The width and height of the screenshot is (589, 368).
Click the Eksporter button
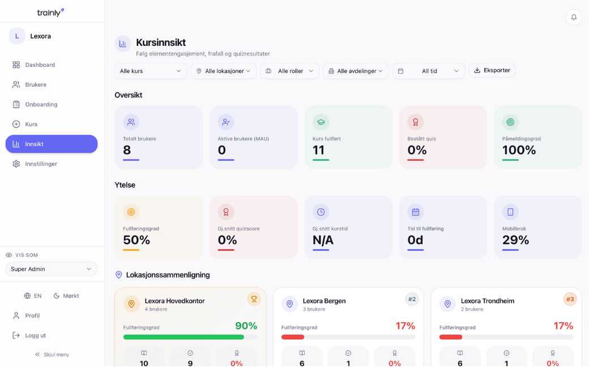(492, 70)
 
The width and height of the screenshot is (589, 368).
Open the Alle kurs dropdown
(151, 71)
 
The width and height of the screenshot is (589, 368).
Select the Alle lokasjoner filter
(224, 71)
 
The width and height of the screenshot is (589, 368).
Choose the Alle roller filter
(289, 71)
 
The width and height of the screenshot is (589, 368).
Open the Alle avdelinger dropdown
(355, 71)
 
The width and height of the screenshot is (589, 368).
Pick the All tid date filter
(429, 71)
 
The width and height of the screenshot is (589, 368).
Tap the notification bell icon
(574, 18)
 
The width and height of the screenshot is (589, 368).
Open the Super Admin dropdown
(52, 269)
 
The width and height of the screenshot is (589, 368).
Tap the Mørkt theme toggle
(66, 296)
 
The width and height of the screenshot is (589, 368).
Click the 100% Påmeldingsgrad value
(519, 150)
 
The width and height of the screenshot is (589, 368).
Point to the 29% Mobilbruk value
(515, 240)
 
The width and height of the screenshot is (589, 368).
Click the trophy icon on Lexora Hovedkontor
(254, 299)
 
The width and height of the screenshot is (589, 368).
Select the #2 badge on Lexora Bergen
(412, 299)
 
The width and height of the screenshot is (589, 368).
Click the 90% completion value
(246, 326)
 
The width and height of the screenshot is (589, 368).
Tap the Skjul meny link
(52, 354)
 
